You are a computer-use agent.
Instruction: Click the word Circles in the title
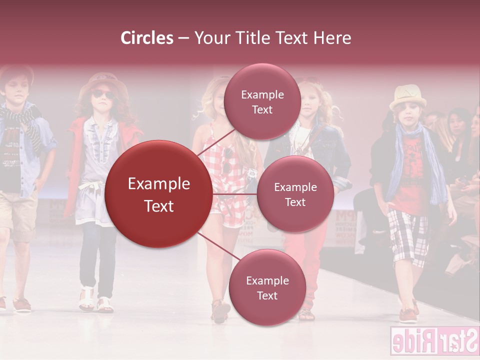coord(147,38)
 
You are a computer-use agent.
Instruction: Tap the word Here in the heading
coord(332,38)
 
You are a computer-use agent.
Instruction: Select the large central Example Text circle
coord(159,194)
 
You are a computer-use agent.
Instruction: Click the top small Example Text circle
coord(262,101)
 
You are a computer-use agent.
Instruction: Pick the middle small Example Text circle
coord(295,194)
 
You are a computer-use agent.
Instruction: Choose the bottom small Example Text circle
coord(267,287)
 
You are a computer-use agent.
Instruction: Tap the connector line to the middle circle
coord(234,194)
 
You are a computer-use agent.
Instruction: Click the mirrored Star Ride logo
coord(434,341)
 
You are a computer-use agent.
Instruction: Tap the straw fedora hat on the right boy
coord(408,96)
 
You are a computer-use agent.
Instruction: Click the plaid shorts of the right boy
coord(408,235)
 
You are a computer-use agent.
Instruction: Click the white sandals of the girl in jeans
coord(95,301)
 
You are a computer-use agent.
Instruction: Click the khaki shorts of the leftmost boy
coord(17,215)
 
